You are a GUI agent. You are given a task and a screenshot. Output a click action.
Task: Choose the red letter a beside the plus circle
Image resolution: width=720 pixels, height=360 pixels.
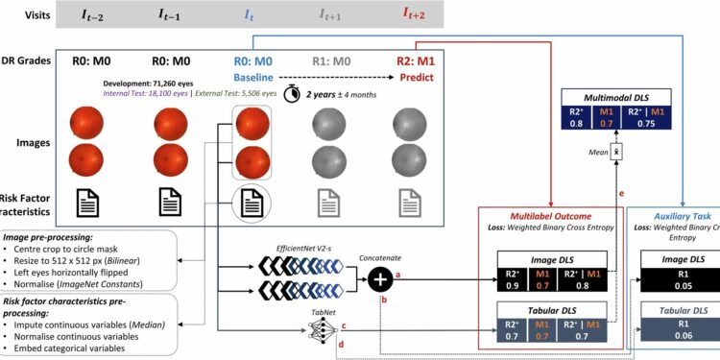click(397, 275)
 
